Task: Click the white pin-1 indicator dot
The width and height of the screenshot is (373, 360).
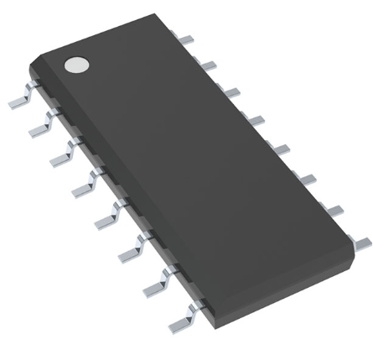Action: [x=77, y=64]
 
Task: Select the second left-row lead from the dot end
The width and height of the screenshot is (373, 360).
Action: [x=40, y=127]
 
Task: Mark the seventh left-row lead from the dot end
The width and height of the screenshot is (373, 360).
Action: [x=152, y=285]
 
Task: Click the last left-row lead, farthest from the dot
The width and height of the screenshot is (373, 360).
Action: [x=179, y=320]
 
